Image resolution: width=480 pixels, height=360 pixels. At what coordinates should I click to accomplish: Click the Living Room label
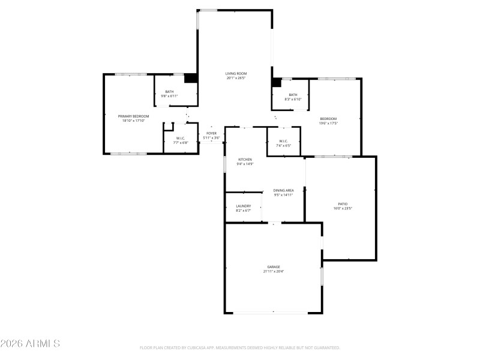236,74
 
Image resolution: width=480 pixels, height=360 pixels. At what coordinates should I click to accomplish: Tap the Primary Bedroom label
133,116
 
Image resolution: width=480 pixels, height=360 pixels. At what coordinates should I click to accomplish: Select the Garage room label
274,266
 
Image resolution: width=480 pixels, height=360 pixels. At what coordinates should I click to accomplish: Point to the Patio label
343,204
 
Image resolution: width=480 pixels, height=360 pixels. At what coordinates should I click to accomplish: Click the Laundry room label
243,206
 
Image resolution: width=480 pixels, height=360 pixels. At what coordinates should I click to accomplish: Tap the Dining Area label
283,190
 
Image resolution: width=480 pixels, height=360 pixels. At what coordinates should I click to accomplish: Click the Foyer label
211,133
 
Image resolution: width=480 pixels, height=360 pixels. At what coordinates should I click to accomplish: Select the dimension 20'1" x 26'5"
236,79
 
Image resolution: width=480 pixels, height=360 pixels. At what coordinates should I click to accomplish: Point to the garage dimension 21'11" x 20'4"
274,271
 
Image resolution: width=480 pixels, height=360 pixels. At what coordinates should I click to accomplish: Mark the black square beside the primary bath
191,78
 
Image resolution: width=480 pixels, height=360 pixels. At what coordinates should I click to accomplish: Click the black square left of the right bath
277,82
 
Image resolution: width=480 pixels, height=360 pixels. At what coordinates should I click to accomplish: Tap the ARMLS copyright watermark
30,344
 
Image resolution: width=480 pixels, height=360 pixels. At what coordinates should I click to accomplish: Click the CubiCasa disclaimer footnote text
240,347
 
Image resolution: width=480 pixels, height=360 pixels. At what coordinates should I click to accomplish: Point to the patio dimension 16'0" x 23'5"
343,209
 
